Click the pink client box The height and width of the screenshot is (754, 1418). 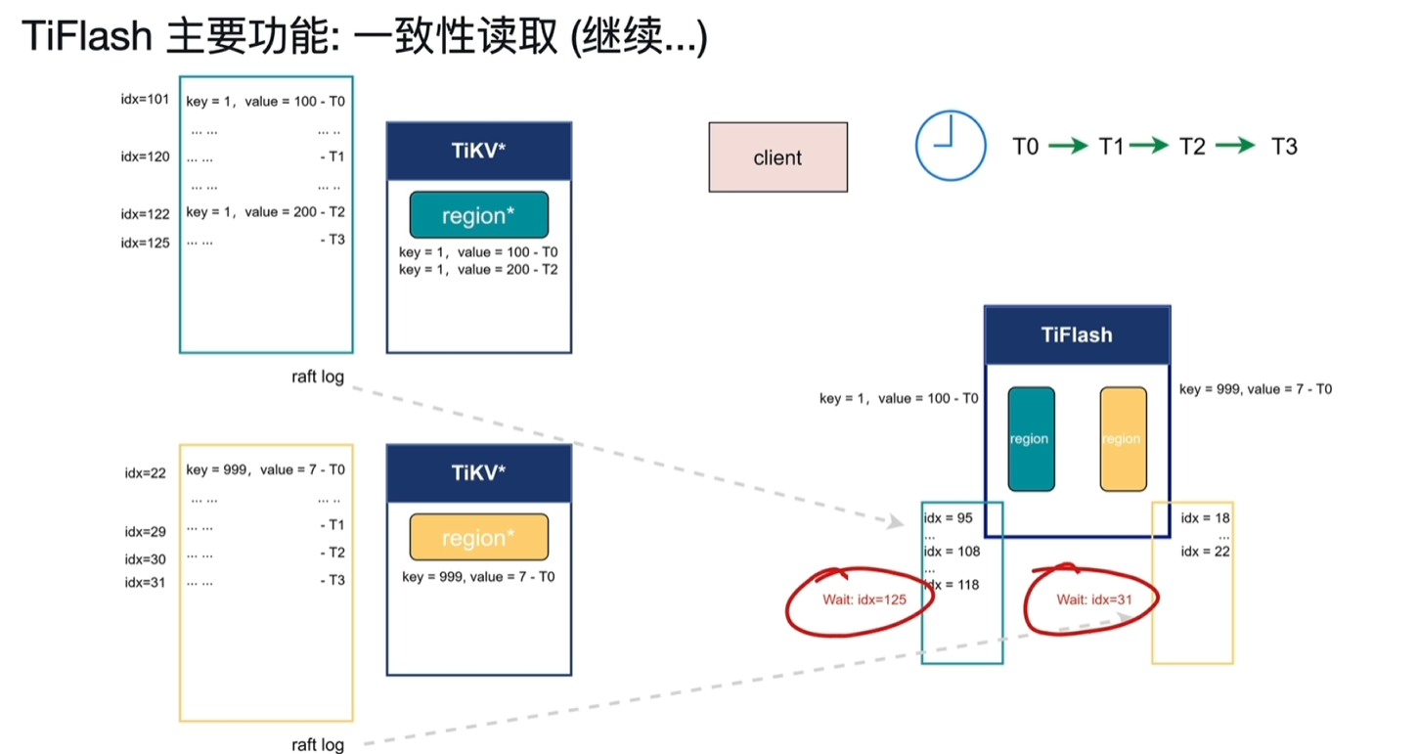[777, 157]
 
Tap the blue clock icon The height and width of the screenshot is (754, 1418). [949, 145]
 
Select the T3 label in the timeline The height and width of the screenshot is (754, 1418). [1284, 147]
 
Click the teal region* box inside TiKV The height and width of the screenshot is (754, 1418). [478, 215]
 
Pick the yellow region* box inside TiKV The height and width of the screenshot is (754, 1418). [478, 537]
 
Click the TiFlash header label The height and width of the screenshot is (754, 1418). [1076, 335]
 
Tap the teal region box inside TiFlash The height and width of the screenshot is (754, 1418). [1031, 438]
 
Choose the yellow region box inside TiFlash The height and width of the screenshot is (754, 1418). [1123, 438]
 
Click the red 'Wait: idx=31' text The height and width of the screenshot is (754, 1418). [1090, 599]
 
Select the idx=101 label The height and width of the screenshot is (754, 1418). [145, 100]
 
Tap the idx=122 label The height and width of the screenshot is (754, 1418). [145, 214]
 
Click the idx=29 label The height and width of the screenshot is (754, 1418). [145, 532]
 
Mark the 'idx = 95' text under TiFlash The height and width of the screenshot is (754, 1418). [949, 517]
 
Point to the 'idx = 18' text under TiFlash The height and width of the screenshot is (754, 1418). [1205, 517]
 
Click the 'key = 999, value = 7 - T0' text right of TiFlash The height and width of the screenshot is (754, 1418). [1255, 389]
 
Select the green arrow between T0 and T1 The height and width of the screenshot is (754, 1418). [1067, 147]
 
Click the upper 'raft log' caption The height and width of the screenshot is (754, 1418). [318, 377]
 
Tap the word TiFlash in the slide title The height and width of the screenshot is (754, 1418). [86, 37]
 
